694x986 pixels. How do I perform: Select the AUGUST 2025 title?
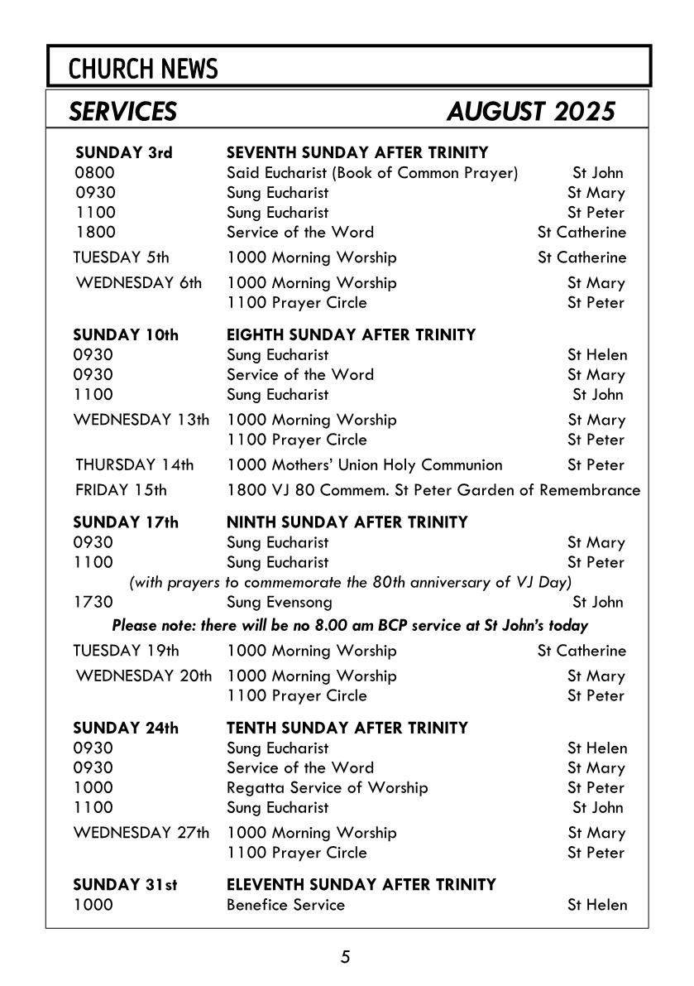click(x=530, y=111)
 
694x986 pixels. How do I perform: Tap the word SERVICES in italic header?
click(x=123, y=111)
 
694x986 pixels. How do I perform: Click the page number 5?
click(x=346, y=957)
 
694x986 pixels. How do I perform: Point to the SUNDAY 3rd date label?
click(x=123, y=153)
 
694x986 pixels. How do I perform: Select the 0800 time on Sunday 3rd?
click(x=95, y=173)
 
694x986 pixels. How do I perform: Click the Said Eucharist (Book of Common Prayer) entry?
click(x=372, y=173)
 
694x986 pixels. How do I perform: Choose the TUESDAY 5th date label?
click(x=122, y=257)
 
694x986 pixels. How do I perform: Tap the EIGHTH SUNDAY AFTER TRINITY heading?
click(x=352, y=335)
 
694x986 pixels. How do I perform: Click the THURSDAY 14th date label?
click(x=135, y=465)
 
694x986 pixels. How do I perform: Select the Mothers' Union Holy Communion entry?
click(x=365, y=465)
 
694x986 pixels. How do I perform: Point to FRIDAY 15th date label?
click(x=121, y=490)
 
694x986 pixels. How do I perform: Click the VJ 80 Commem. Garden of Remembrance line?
click(x=433, y=490)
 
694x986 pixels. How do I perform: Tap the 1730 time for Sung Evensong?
click(x=93, y=602)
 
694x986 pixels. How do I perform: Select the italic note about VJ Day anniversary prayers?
click(x=351, y=582)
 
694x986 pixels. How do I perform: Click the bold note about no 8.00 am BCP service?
click(x=350, y=625)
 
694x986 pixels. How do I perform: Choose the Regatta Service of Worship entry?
click(x=328, y=787)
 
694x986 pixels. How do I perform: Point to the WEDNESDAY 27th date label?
click(x=141, y=833)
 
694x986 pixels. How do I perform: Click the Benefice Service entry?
click(x=285, y=905)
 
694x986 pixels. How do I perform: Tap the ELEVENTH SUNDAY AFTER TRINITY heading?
click(x=361, y=885)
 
